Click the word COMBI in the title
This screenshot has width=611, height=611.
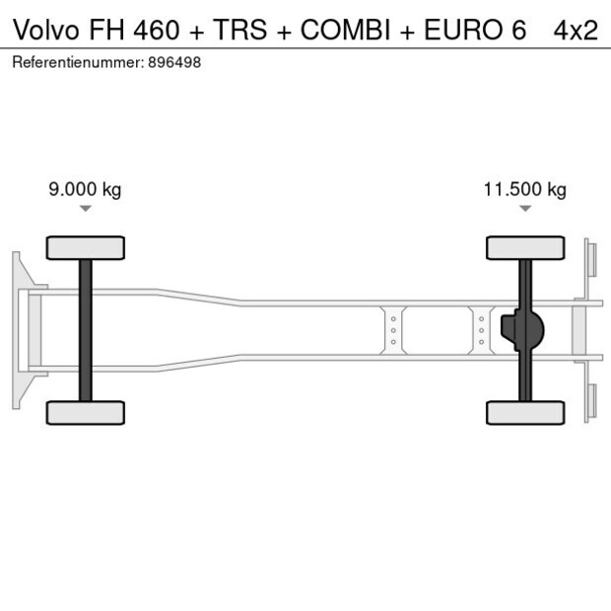[346, 31]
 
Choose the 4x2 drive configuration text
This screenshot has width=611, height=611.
[575, 31]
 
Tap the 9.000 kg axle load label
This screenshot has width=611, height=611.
[85, 190]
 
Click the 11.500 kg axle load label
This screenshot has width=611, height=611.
[524, 190]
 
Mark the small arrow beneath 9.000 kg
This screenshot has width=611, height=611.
[86, 209]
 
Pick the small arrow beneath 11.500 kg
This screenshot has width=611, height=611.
[525, 209]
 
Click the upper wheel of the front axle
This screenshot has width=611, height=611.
[86, 247]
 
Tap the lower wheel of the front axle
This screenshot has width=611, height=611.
[86, 412]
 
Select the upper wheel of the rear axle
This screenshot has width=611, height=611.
[525, 247]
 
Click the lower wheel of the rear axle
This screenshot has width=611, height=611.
[525, 412]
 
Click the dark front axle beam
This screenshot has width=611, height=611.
[86, 330]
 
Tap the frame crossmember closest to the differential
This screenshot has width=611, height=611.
[481, 330]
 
